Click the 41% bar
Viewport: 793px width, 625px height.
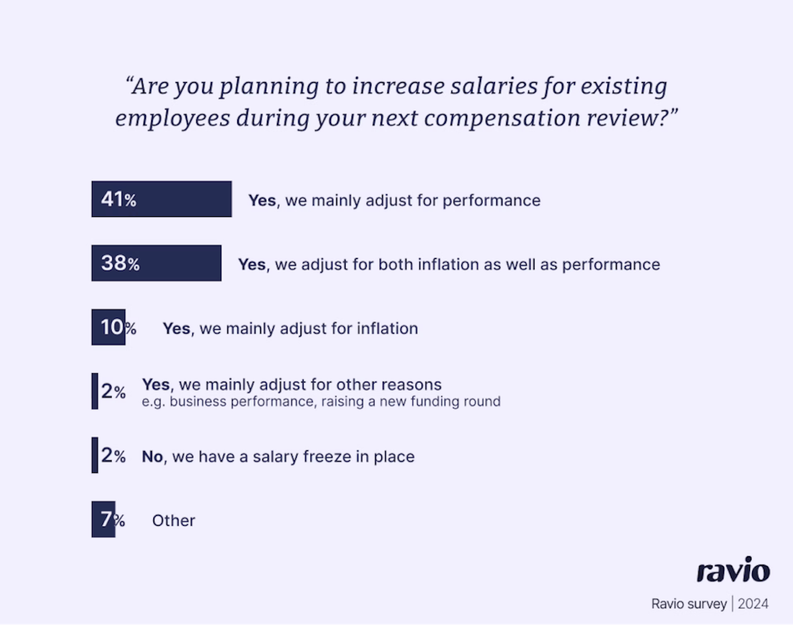(161, 199)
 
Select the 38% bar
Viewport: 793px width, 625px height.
(156, 263)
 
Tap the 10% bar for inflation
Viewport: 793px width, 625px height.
(108, 327)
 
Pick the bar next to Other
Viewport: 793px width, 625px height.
(103, 519)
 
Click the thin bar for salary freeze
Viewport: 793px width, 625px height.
(94, 455)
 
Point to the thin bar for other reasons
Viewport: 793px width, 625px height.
(94, 391)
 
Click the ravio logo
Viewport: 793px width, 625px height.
(733, 571)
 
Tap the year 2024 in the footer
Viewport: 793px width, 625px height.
(753, 604)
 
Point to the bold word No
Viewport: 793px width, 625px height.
(152, 456)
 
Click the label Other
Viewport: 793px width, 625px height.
(173, 521)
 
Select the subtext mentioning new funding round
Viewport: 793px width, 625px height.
(321, 401)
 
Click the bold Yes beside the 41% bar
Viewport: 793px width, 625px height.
(262, 200)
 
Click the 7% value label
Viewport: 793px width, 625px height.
(112, 520)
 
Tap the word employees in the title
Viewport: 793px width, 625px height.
(172, 118)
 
